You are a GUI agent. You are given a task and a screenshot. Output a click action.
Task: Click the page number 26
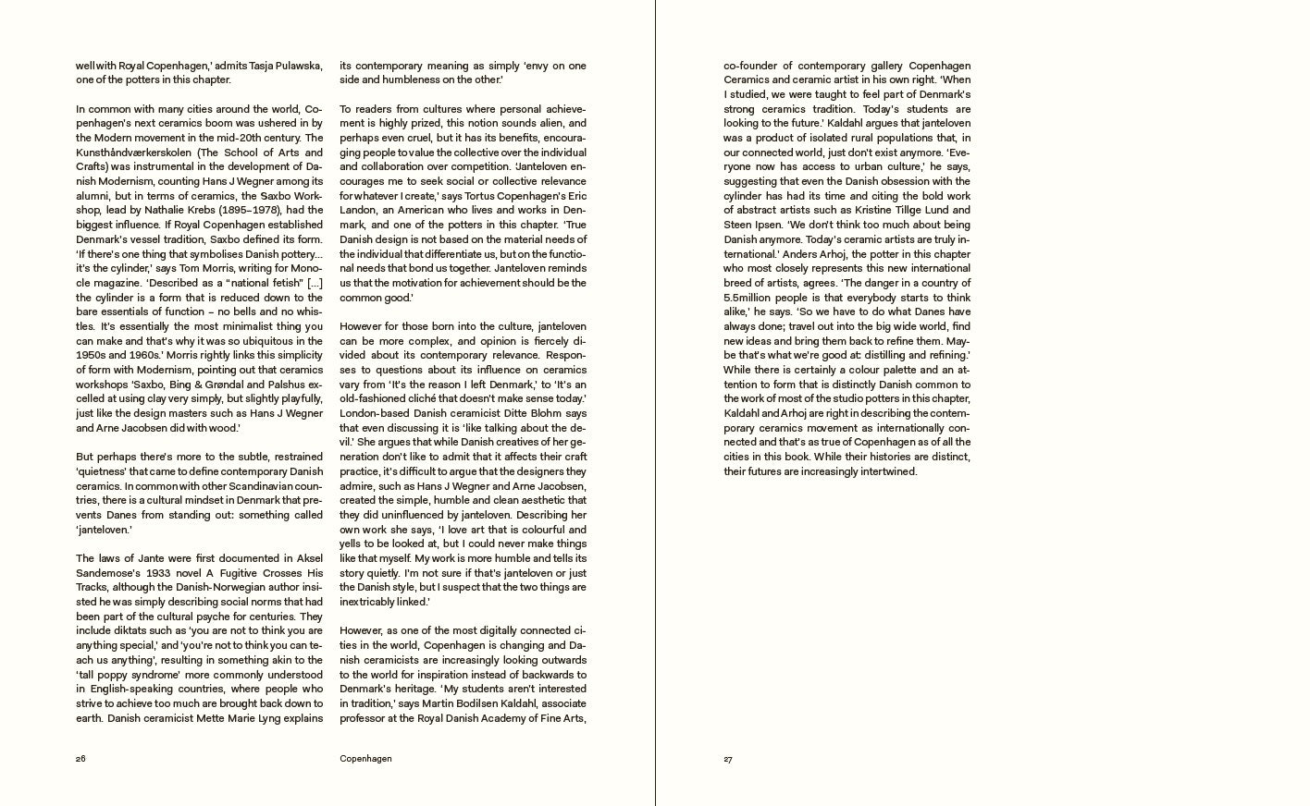tap(80, 759)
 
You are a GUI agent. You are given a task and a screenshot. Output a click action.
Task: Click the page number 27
tap(728, 759)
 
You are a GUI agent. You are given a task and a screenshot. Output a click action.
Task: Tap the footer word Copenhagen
tap(365, 759)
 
